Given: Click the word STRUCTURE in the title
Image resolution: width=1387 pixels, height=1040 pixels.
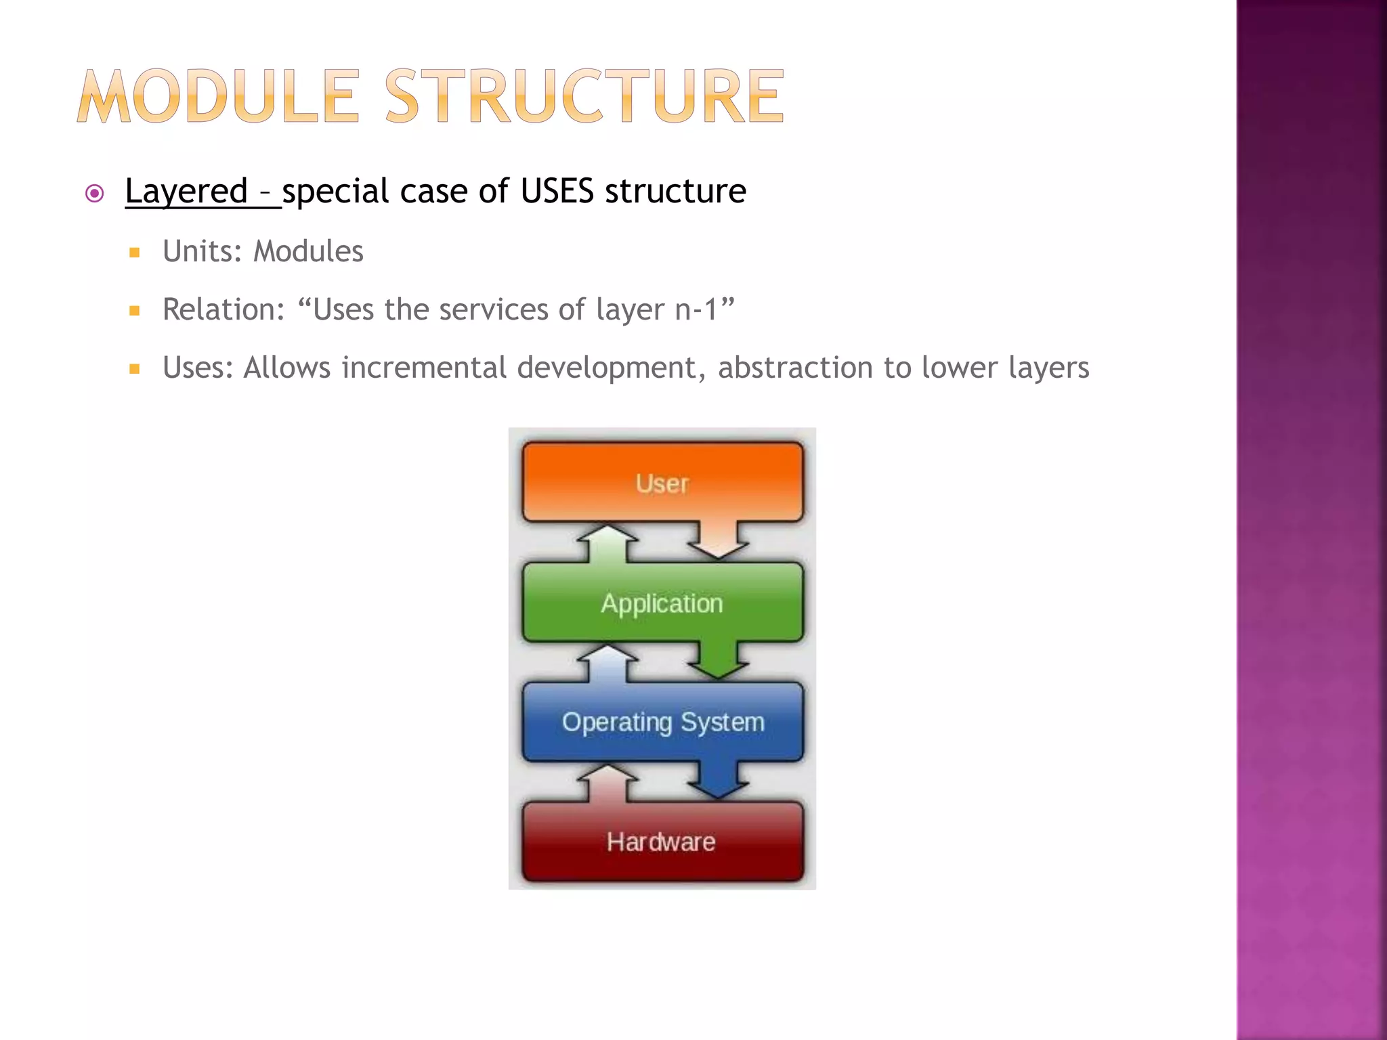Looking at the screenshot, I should pos(584,97).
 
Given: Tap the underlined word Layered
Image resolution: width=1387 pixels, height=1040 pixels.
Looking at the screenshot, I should pos(186,191).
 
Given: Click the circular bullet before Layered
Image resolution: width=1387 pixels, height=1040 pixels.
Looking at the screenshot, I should pos(95,194).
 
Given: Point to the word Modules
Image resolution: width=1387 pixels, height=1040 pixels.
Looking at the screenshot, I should pos(308,251).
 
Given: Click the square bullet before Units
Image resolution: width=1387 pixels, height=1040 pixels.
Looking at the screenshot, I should pos(135,253).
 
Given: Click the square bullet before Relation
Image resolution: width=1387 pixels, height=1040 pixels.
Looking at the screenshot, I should pos(135,311).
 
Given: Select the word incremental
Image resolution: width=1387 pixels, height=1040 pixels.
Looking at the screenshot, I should pos(424,368).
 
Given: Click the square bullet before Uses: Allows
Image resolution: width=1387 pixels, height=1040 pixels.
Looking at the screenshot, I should pos(135,370).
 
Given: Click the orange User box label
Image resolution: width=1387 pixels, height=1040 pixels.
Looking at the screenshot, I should pos(662,483).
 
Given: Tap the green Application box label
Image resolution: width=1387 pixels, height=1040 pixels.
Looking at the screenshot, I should pos(662,603).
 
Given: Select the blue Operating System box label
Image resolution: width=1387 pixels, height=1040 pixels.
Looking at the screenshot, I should pos(663,722).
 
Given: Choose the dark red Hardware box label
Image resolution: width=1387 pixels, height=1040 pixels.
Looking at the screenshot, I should pos(661,842).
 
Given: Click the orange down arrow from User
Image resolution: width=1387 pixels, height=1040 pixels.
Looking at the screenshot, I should pos(718,541).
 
